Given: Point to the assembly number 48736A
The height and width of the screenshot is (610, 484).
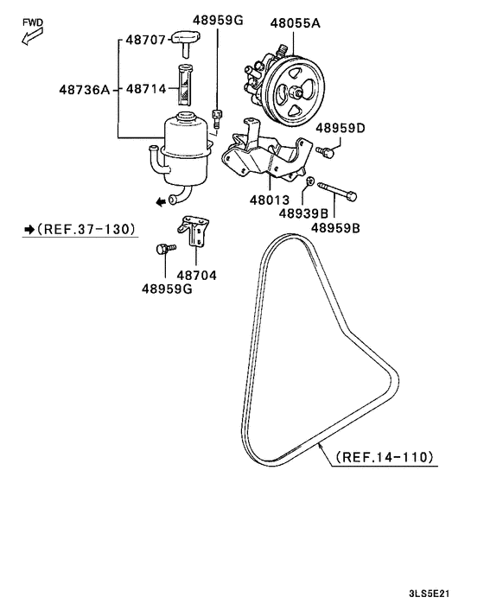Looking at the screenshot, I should [x=84, y=88].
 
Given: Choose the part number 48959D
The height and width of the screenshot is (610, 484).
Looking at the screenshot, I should [x=340, y=129].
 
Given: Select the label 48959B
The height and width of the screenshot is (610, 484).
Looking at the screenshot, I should [x=335, y=228].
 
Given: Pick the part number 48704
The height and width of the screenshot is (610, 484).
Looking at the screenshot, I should [x=196, y=276].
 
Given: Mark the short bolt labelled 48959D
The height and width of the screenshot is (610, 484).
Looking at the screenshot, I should [x=325, y=152].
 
